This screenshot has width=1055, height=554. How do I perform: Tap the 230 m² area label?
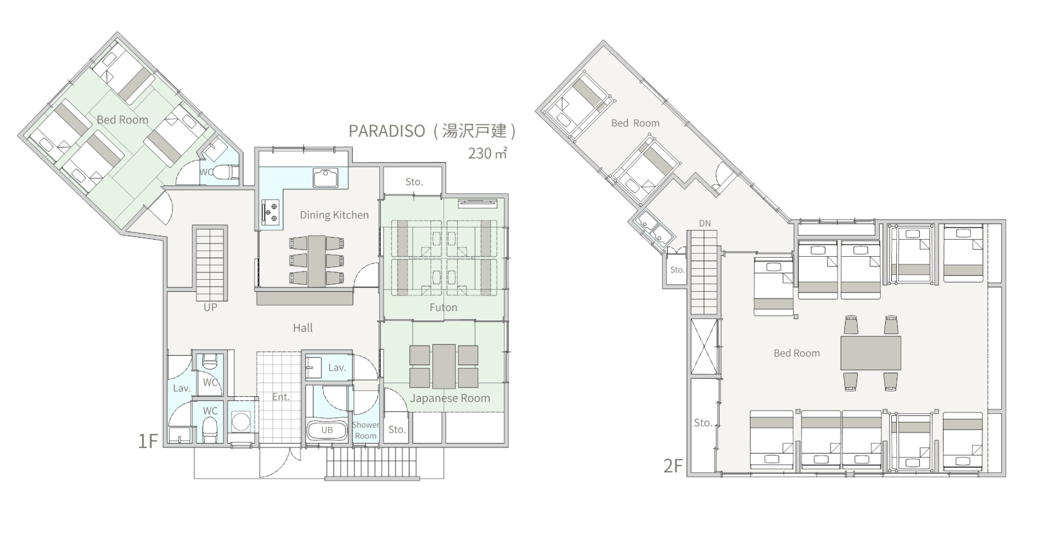(x=487, y=153)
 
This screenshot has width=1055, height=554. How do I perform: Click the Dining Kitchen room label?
(x=334, y=215)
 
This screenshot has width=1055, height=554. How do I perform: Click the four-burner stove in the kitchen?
(x=270, y=211)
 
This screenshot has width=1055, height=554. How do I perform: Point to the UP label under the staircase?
(x=210, y=307)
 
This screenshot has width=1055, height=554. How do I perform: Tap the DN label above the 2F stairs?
(x=705, y=223)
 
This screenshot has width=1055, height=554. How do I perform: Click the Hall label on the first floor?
(x=303, y=328)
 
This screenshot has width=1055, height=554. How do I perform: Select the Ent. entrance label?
(x=281, y=397)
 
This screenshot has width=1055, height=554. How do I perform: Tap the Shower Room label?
(x=365, y=430)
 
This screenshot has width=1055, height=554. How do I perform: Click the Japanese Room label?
(x=450, y=398)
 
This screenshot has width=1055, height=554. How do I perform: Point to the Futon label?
(x=443, y=307)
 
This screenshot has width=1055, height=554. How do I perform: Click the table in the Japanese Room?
(x=443, y=366)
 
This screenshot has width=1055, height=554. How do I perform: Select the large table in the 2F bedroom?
(x=871, y=353)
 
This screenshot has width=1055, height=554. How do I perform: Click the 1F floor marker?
(x=148, y=441)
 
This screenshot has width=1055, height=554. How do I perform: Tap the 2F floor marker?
(x=673, y=466)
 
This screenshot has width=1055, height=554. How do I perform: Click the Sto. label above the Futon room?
(x=414, y=181)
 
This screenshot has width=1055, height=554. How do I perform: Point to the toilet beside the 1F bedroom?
(x=225, y=173)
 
